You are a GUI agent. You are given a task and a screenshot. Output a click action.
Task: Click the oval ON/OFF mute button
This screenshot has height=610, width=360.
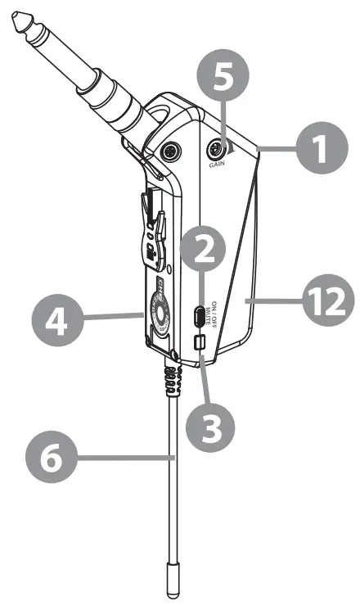coord(198,315)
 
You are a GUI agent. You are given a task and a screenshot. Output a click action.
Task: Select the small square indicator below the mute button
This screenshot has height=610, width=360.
coord(197,341)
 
